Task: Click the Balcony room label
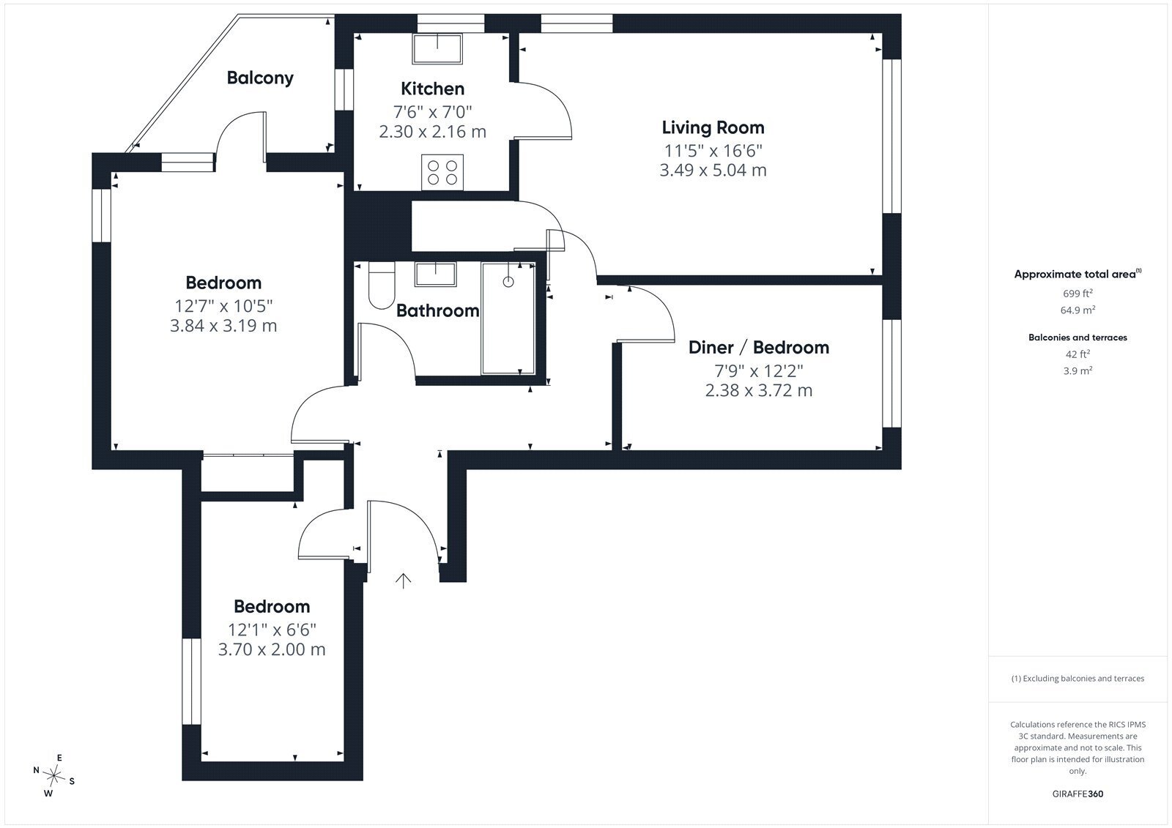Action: [260, 78]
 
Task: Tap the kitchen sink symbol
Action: [437, 48]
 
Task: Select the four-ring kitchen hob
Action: [442, 173]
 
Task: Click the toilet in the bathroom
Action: [382, 286]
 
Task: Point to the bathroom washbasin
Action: [435, 274]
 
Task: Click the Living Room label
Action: [713, 127]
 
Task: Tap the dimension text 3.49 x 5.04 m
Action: [713, 170]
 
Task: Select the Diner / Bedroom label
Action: [759, 347]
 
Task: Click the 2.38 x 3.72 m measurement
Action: [759, 390]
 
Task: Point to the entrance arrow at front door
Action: [403, 581]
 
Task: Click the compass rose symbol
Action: [53, 775]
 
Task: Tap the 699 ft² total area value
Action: [1078, 293]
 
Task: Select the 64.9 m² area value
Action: [1078, 310]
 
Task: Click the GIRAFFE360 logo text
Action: [1078, 794]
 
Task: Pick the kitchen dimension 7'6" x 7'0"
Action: [433, 111]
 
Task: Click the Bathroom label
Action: [437, 310]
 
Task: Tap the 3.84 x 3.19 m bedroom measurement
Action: [223, 325]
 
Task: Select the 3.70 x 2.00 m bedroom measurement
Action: [272, 649]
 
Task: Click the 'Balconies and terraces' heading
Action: [1078, 337]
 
